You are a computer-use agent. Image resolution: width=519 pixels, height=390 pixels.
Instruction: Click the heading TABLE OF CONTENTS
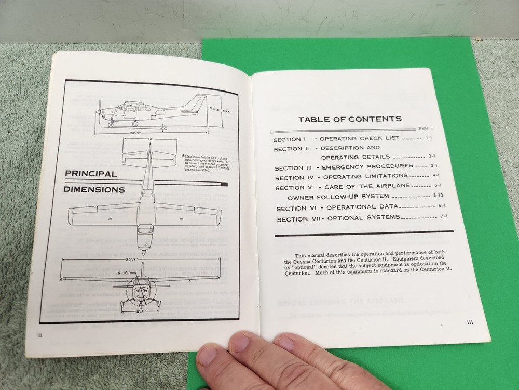(349, 119)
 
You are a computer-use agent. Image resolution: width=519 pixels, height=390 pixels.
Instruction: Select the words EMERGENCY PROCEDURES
(367, 167)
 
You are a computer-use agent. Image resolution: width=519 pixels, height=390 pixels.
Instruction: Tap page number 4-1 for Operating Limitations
(436, 176)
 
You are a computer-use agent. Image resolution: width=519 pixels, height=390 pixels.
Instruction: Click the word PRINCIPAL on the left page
(91, 174)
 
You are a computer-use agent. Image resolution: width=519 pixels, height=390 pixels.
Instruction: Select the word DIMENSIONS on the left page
(94, 189)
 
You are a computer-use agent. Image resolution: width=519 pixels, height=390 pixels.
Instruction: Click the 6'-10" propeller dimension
(124, 273)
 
